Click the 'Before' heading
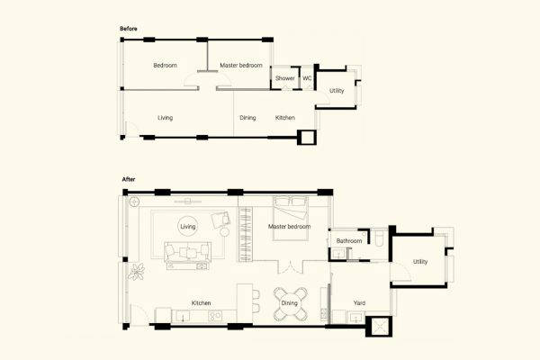128,29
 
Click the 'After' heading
127,179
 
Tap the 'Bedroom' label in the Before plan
165,65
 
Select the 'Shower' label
284,79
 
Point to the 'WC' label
307,79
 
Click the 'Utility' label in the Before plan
336,91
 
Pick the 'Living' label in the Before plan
165,118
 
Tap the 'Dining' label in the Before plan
247,118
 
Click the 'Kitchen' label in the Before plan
284,118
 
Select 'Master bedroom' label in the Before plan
240,65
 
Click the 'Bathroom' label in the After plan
349,241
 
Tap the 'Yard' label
359,303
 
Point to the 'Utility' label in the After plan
420,262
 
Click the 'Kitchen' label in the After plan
201,303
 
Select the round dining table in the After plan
290,303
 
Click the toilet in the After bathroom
381,239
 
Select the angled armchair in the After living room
220,219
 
